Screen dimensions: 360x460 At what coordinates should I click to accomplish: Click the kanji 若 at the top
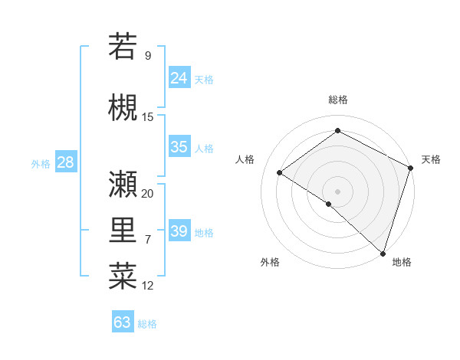123,47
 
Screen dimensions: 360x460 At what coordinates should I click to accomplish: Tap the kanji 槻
123,106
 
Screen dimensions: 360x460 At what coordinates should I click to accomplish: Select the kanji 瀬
123,183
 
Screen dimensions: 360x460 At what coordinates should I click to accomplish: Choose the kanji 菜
123,276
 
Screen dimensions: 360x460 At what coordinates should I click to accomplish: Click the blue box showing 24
179,78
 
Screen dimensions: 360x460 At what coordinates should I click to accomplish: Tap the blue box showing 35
179,147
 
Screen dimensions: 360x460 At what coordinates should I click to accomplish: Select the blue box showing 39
179,231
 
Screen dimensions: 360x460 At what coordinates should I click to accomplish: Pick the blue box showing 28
65,162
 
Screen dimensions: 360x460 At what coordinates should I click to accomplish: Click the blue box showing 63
123,322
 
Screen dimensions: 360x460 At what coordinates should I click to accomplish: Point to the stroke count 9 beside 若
148,56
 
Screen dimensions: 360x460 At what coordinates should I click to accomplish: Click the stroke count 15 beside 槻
148,116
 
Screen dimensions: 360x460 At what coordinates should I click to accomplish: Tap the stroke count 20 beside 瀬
148,193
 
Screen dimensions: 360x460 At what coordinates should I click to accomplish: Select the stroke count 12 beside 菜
148,286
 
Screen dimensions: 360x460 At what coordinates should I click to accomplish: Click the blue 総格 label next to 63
147,324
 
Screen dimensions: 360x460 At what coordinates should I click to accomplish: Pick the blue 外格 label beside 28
41,163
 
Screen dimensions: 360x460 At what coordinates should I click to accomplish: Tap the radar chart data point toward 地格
383,253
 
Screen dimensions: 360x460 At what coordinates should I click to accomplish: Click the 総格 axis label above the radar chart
337,100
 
